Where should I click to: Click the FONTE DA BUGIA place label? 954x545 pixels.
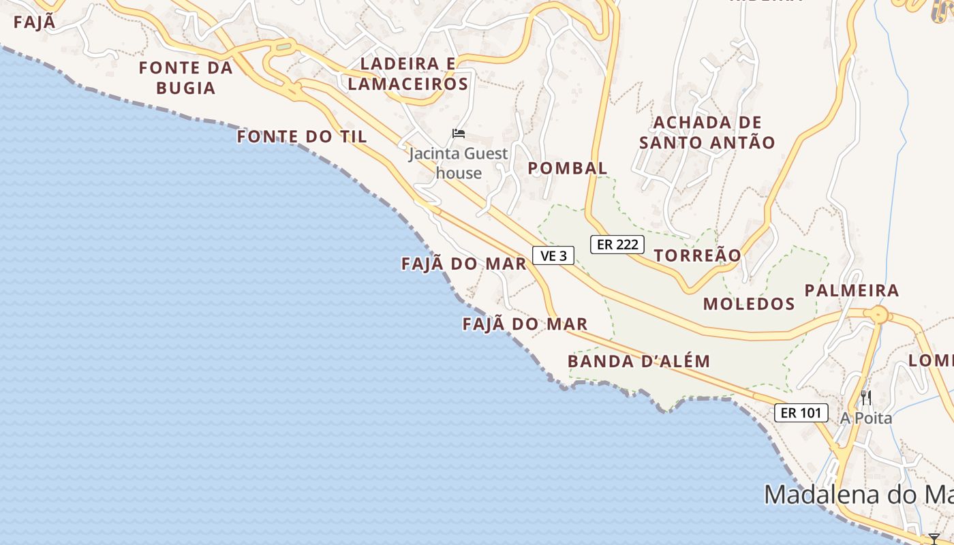tap(185, 78)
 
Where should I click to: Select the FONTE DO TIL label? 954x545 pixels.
tap(302, 137)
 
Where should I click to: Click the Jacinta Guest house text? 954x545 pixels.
tap(459, 163)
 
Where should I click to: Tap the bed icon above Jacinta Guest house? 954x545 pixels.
tap(459, 134)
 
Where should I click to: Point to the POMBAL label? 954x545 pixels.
tap(568, 168)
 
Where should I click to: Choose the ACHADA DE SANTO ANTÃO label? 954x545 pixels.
tap(707, 133)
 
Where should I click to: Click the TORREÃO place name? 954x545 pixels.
tap(697, 255)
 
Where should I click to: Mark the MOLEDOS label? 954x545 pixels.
tap(749, 304)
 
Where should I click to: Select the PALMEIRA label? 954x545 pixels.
tap(852, 291)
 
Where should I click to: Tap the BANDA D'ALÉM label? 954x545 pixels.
tap(639, 361)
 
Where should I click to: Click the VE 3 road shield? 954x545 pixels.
tap(553, 256)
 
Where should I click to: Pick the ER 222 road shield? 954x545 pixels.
tap(617, 245)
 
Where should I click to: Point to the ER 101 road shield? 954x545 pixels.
tap(801, 413)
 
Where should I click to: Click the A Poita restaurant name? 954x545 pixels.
tap(866, 418)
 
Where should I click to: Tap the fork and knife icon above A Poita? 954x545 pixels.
tap(866, 398)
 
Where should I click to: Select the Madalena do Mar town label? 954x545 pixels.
tap(859, 495)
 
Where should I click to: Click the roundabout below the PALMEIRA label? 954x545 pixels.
tap(879, 315)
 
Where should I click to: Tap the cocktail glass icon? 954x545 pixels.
tap(934, 539)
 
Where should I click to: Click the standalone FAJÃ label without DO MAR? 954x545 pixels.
tap(34, 22)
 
